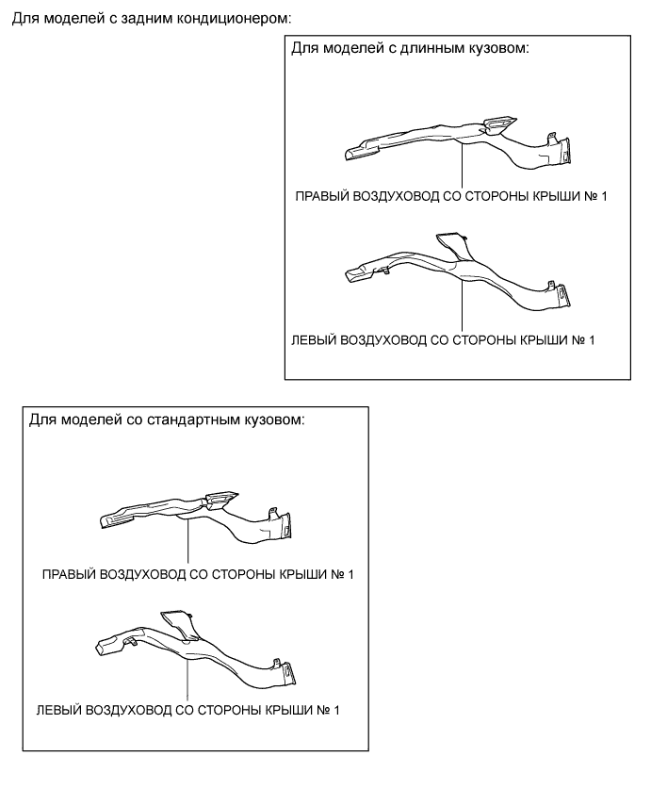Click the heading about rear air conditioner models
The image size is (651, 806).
click(151, 19)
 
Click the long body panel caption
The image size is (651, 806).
click(410, 49)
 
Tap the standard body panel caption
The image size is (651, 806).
click(167, 419)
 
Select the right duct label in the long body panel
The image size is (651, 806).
click(451, 196)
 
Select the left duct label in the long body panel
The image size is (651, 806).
click(443, 340)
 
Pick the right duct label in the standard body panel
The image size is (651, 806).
click(198, 574)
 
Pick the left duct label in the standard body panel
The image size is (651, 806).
click(188, 711)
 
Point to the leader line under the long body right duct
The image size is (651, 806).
click(462, 166)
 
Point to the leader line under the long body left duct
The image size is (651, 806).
click(462, 304)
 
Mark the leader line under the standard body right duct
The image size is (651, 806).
click(188, 541)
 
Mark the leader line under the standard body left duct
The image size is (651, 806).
click(188, 680)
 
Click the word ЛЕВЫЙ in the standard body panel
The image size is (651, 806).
click(58, 711)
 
